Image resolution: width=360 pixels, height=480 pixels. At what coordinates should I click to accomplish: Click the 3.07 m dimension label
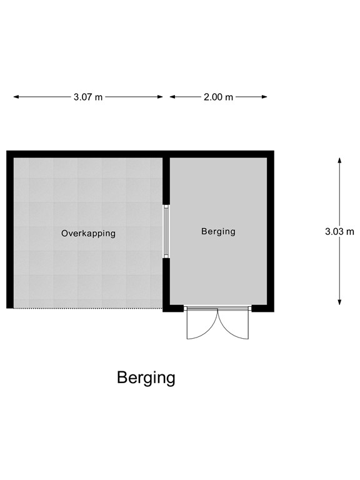88,97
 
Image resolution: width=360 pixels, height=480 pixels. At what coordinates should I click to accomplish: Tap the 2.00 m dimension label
218,97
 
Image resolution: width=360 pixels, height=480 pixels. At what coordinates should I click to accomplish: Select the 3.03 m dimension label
339,231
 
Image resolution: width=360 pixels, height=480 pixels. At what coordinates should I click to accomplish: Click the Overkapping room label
88,233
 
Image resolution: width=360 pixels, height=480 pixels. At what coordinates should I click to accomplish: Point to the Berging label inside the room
218,231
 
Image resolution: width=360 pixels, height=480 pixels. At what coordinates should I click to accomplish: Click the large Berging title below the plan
146,377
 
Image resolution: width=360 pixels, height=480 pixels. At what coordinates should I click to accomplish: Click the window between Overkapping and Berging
166,231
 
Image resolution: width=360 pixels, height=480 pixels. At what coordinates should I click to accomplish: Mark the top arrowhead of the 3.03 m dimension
339,160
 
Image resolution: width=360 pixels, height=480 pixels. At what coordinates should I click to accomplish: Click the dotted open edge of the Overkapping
87,307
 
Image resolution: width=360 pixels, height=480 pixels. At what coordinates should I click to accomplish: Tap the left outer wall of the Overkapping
10,231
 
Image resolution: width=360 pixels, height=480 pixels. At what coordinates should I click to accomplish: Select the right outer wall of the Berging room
271,231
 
